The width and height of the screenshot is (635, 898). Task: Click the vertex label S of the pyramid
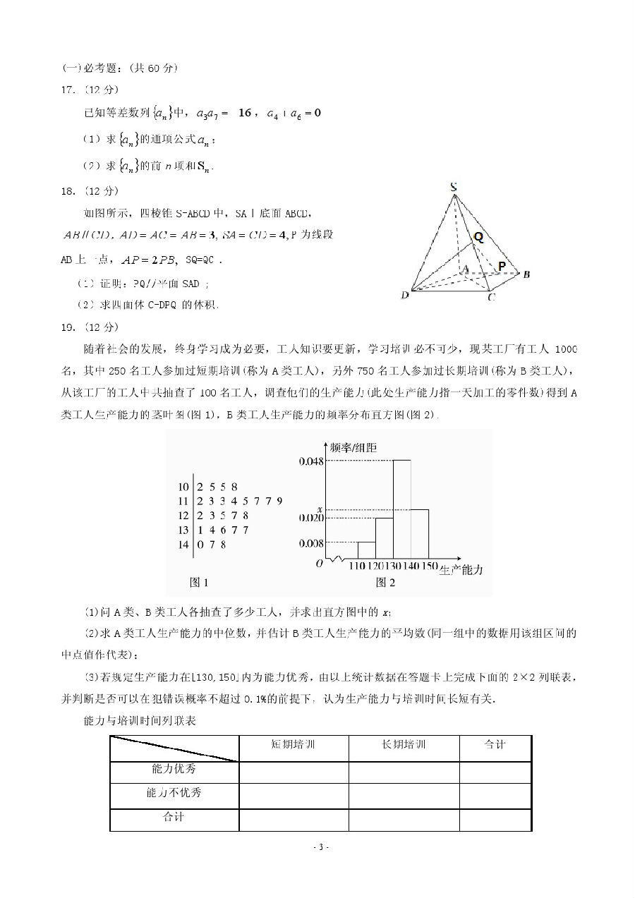(x=454, y=187)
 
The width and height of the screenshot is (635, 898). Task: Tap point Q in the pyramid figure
(x=478, y=238)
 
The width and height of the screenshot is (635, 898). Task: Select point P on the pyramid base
(x=501, y=267)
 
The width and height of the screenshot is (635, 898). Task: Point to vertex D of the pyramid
(x=405, y=296)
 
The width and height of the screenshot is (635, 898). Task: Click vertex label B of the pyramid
(x=526, y=274)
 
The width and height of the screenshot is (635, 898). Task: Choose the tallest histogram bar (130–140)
(x=402, y=511)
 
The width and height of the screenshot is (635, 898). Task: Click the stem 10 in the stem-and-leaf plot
(x=184, y=486)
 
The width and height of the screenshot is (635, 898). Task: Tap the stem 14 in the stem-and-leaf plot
(x=184, y=545)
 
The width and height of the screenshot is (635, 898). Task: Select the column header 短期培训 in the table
(x=294, y=745)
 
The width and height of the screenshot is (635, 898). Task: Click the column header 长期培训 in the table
(x=404, y=745)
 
